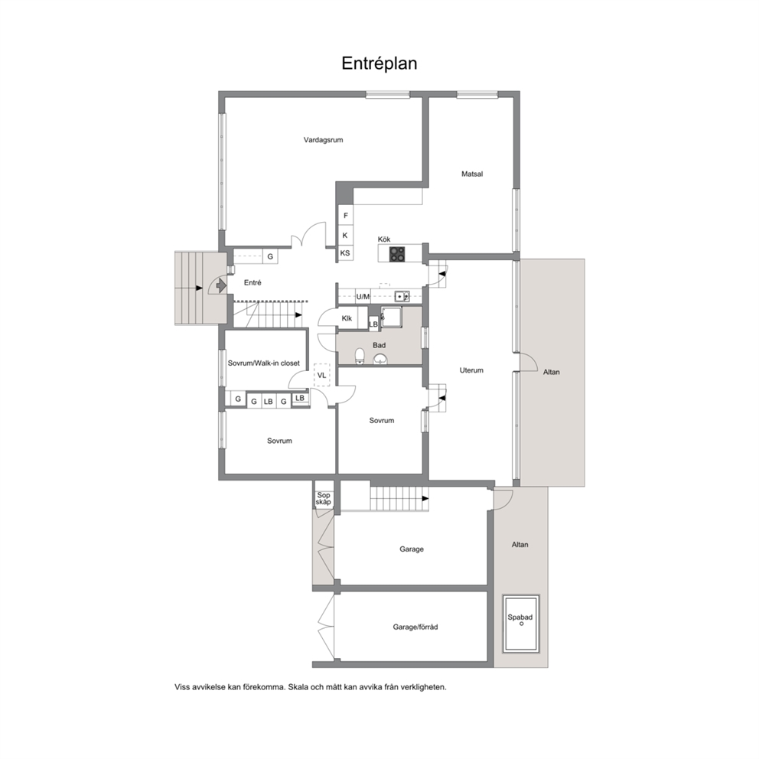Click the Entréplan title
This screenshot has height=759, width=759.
click(x=379, y=64)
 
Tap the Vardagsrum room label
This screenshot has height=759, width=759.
click(x=324, y=140)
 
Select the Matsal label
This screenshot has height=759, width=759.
click(x=472, y=174)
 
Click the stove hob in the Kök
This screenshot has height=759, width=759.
click(x=397, y=254)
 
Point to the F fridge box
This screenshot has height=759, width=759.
click(x=346, y=216)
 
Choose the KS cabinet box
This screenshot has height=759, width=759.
click(x=345, y=252)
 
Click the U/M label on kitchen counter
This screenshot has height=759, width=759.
click(x=363, y=297)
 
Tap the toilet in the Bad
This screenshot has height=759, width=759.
click(x=360, y=356)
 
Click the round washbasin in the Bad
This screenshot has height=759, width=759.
click(x=380, y=359)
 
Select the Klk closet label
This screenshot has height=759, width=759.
click(x=347, y=318)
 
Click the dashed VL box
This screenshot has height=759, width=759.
click(x=322, y=375)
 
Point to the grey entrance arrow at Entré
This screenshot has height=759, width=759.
click(x=220, y=285)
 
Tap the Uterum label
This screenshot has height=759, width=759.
click(x=471, y=370)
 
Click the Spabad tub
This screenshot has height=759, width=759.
click(x=521, y=624)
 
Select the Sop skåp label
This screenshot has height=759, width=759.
click(x=324, y=499)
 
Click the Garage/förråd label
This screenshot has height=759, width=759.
click(x=415, y=627)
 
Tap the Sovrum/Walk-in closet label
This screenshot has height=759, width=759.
click(x=264, y=363)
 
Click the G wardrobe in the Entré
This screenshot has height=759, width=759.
click(x=270, y=256)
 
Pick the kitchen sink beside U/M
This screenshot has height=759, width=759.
click(x=402, y=296)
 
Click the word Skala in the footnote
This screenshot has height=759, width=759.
click(x=298, y=687)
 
